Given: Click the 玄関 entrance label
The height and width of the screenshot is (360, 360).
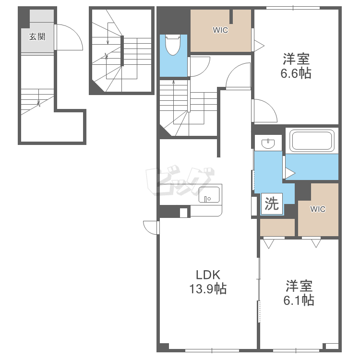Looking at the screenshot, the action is tap(37, 37).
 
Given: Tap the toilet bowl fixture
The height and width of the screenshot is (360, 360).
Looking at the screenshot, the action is tap(173, 45).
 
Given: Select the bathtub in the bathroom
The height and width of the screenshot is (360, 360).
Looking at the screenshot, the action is tap(312, 141).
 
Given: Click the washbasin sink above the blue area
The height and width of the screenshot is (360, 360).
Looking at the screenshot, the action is tap(268, 144).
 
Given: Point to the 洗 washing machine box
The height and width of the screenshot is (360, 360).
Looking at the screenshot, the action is tap(272, 204).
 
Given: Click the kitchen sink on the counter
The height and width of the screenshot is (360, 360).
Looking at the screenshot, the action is tap(209, 194).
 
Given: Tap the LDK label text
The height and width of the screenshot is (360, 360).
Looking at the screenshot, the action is tap(208, 275).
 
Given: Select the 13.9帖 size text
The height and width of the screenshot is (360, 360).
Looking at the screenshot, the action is tap(208, 289).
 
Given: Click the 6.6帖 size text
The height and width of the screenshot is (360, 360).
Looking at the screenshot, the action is tap(296, 73).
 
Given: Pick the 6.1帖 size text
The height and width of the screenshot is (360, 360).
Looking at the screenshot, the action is tap(299, 300).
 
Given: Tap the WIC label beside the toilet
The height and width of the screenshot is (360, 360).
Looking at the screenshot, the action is tap(220, 30).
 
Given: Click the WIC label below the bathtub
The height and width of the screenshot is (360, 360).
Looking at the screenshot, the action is tap(318, 209).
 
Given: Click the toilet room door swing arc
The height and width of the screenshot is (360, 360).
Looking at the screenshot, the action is tap(204, 69).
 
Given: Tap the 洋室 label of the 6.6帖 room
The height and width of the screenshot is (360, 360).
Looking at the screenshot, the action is tap(296, 59).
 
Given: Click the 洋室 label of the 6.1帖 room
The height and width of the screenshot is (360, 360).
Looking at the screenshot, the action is tap(299, 286).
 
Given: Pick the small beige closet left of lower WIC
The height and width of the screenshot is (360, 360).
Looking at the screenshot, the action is tap(277, 228).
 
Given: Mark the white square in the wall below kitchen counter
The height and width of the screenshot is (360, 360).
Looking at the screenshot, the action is tap(183, 213).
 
